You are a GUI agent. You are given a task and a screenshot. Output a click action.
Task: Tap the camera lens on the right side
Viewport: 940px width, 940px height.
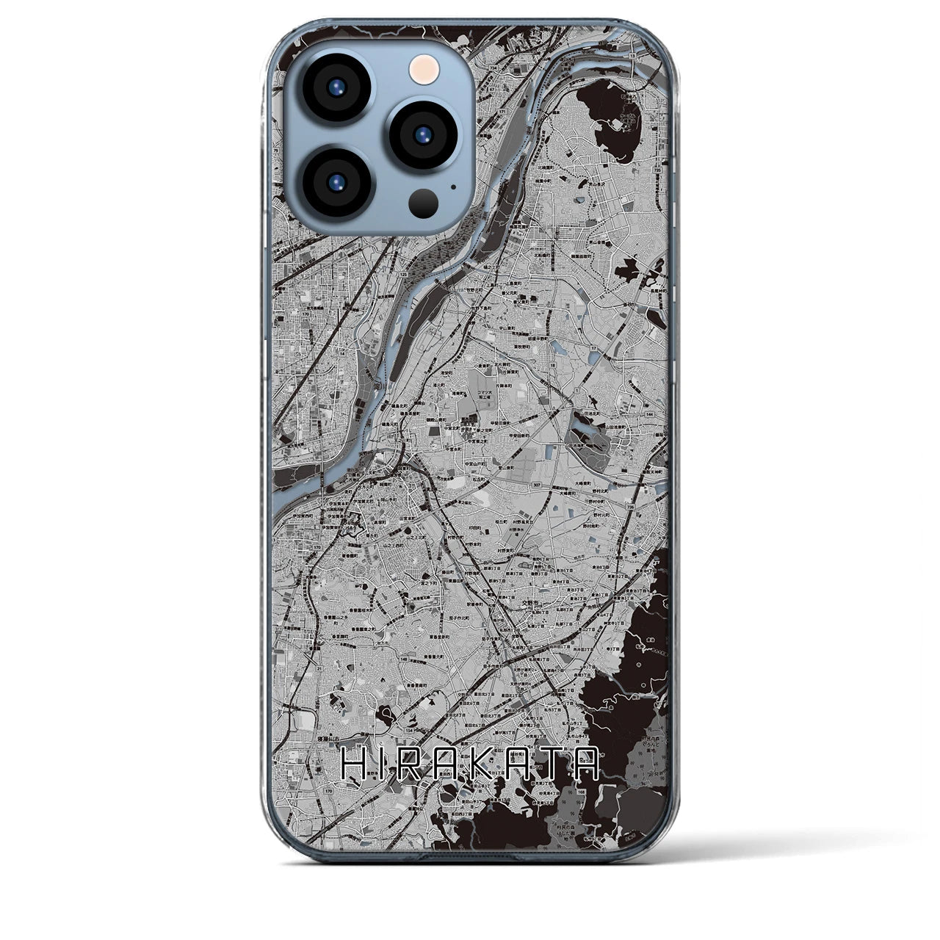pos(423,134)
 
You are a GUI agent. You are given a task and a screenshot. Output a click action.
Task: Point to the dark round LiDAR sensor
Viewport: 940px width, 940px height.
pos(424,201)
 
